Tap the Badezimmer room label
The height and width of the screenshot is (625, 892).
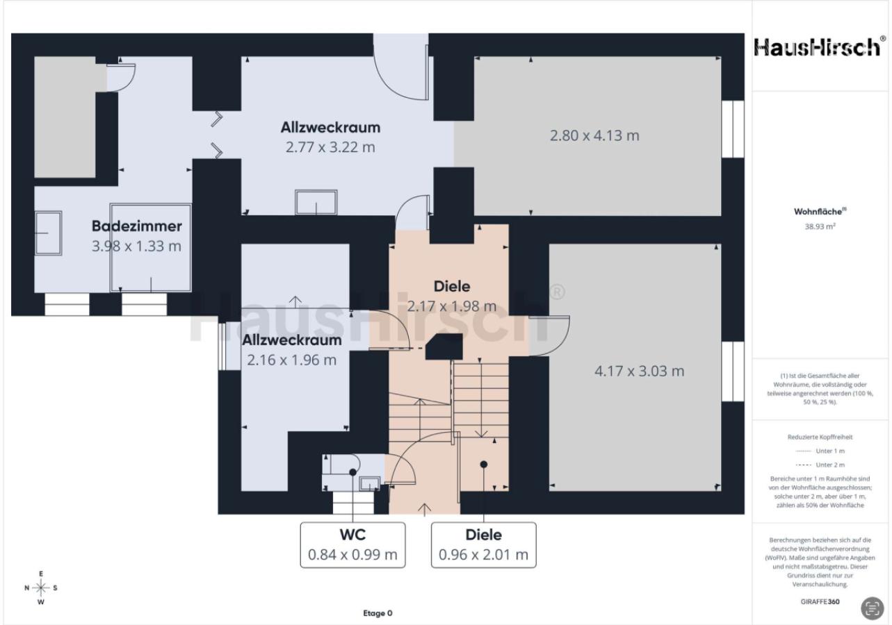136,226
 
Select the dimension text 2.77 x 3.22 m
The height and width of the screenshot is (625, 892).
330,147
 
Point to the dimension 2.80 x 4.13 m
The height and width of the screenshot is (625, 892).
594,135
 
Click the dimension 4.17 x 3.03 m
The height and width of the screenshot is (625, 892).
639,372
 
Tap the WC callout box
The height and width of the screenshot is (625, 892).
352,545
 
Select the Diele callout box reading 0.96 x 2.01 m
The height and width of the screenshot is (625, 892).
483,545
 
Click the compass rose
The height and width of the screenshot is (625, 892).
40,587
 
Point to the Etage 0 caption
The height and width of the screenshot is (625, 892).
378,613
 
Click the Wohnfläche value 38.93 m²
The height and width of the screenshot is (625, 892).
820,226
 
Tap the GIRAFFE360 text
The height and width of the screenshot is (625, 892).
820,601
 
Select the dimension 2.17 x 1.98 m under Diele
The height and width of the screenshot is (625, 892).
452,306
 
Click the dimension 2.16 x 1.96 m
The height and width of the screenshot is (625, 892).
291,360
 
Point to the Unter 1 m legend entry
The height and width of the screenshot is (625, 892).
820,451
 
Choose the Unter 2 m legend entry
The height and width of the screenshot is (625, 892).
820,465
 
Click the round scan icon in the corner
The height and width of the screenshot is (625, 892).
872,608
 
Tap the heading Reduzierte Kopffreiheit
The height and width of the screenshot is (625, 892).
820,437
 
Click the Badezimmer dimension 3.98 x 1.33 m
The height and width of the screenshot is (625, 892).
136,247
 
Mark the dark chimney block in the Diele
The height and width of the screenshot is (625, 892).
444,347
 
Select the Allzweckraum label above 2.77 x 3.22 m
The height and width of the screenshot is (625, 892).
330,127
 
